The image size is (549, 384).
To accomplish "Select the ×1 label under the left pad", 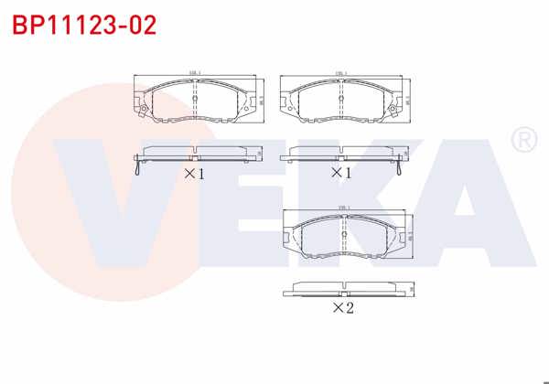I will pos(194,173).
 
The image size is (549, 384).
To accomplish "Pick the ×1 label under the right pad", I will pos(340,173).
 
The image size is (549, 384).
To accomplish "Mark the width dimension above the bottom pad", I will pos(344,208).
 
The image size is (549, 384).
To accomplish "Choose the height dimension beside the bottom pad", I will pos(411,235).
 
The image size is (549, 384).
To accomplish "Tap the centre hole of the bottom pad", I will pos(343,237).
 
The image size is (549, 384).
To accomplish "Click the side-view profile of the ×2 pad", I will pos(343,289).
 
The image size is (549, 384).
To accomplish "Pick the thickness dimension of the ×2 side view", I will pos(412,290).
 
